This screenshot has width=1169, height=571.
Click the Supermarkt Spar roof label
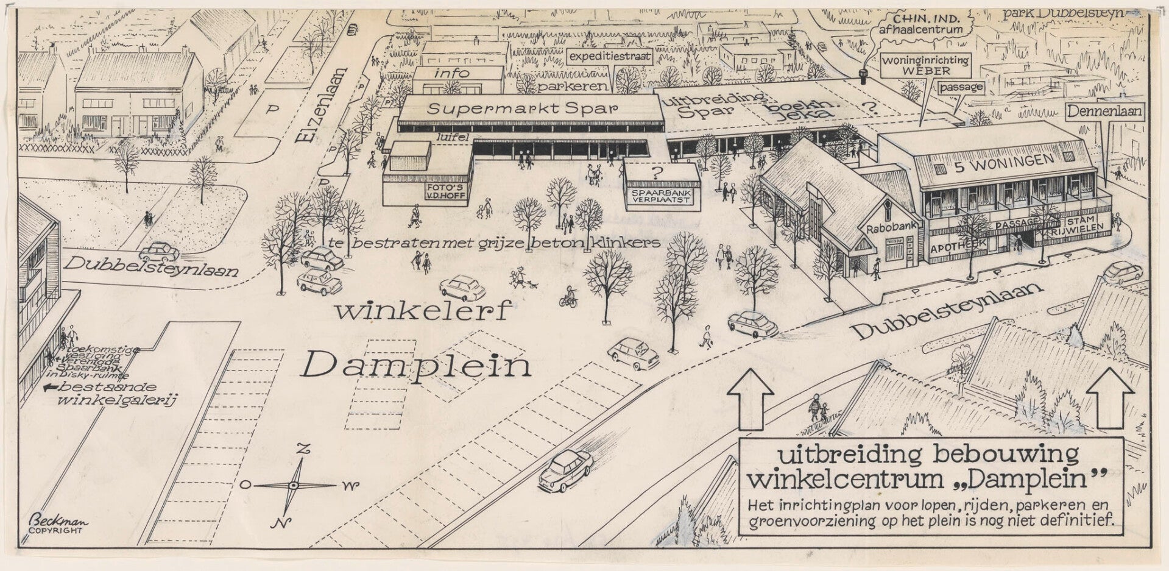522,109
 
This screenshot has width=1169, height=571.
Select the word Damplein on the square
417,366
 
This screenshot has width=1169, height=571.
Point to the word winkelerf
422,312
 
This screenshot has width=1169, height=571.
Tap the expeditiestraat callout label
610,58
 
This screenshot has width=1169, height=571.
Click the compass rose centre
293,486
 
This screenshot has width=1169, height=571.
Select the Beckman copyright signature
53,523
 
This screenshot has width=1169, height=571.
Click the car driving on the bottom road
565,470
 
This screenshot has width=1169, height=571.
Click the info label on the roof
451,73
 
